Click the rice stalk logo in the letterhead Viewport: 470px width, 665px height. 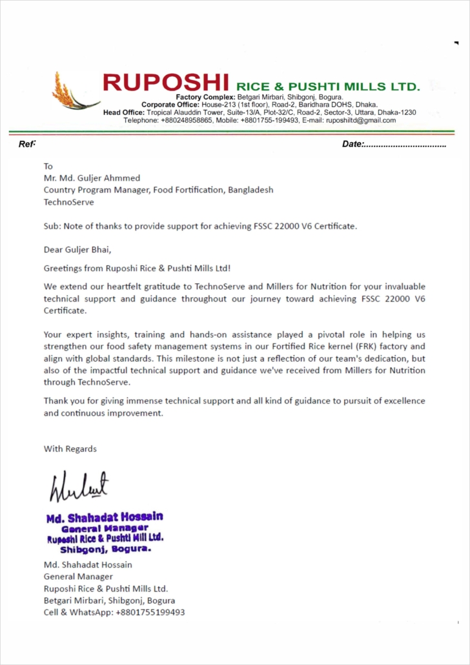click(72, 92)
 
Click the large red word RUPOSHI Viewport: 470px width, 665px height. click(166, 83)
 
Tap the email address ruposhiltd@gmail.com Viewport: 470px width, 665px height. click(361, 120)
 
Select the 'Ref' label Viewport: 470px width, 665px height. click(26, 144)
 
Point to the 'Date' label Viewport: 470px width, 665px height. click(352, 144)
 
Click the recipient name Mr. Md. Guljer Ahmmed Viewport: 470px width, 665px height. click(92, 178)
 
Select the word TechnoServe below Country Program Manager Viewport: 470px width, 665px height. click(68, 202)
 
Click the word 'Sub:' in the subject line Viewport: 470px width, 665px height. click(52, 226)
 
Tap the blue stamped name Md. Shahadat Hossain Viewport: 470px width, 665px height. click(105, 517)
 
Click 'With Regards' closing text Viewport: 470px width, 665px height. click(70, 449)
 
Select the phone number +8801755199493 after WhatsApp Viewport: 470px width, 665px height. click(150, 612)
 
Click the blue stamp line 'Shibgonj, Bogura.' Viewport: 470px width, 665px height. click(105, 549)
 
